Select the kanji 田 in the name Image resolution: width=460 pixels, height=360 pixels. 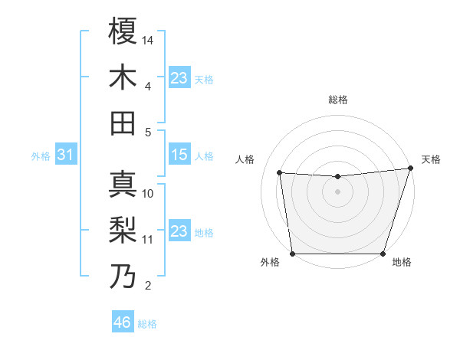(123, 122)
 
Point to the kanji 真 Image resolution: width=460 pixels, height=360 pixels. (123, 185)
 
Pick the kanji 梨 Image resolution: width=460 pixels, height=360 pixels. (123, 230)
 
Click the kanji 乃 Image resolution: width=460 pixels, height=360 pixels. (123, 276)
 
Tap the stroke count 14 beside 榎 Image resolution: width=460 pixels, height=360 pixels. (148, 39)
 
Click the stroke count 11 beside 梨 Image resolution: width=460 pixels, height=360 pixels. (148, 239)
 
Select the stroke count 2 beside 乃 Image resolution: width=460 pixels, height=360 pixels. (148, 286)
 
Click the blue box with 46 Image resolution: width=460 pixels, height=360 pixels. (123, 322)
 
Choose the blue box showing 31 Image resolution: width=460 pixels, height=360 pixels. (65, 155)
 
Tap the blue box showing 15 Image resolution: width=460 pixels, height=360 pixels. (179, 155)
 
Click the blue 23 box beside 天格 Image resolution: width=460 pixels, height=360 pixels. (179, 78)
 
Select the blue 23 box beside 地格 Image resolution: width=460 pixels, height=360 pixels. (179, 231)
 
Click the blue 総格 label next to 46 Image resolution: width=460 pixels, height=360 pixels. (147, 324)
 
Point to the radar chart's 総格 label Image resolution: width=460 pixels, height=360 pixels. (337, 100)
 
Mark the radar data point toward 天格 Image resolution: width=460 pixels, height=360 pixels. (410, 168)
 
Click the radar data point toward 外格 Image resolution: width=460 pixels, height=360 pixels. (292, 254)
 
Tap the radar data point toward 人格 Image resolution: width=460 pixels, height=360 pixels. (280, 173)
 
